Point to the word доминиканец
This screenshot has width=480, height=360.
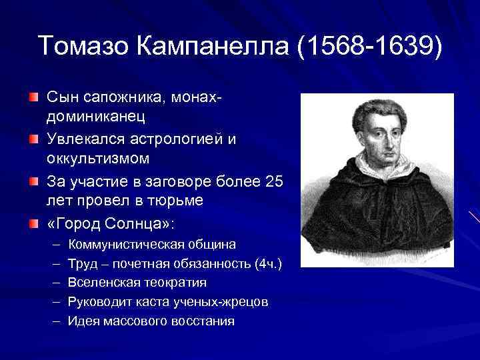coord(99,117)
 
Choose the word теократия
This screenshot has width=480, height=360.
coord(175,283)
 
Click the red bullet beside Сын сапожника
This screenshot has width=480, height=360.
coord(33,98)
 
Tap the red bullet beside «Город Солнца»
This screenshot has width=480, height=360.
coord(33,223)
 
